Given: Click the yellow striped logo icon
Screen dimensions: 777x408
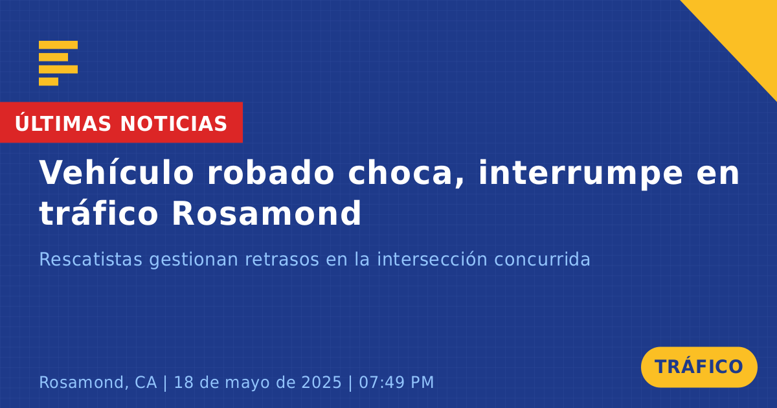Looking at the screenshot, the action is [58, 63].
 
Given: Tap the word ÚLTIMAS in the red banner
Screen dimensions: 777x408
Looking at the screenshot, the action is [63, 123].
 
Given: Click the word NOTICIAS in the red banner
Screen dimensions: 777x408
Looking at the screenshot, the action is [174, 124].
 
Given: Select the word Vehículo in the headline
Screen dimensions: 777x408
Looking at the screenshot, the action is [116, 173].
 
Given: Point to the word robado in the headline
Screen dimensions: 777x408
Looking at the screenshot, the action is [271, 173].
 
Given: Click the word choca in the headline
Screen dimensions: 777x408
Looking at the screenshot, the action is [406, 174].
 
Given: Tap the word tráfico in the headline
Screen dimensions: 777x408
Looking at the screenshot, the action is [98, 212].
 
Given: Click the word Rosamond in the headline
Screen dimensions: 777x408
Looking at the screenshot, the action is [266, 212].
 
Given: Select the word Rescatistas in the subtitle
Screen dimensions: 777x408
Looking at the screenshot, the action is [91, 259].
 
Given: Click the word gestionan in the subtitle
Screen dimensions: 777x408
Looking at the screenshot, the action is [193, 260].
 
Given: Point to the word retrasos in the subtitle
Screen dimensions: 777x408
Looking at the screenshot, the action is [282, 260].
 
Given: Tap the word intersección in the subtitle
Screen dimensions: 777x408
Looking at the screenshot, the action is [432, 259].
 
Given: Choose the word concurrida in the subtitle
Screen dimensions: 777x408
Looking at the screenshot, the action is [542, 259].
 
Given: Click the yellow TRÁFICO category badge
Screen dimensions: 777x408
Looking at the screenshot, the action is [699, 367].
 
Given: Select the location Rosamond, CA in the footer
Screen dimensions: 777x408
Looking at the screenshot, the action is [98, 382].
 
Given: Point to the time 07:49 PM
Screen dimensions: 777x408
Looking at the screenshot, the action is [396, 382].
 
